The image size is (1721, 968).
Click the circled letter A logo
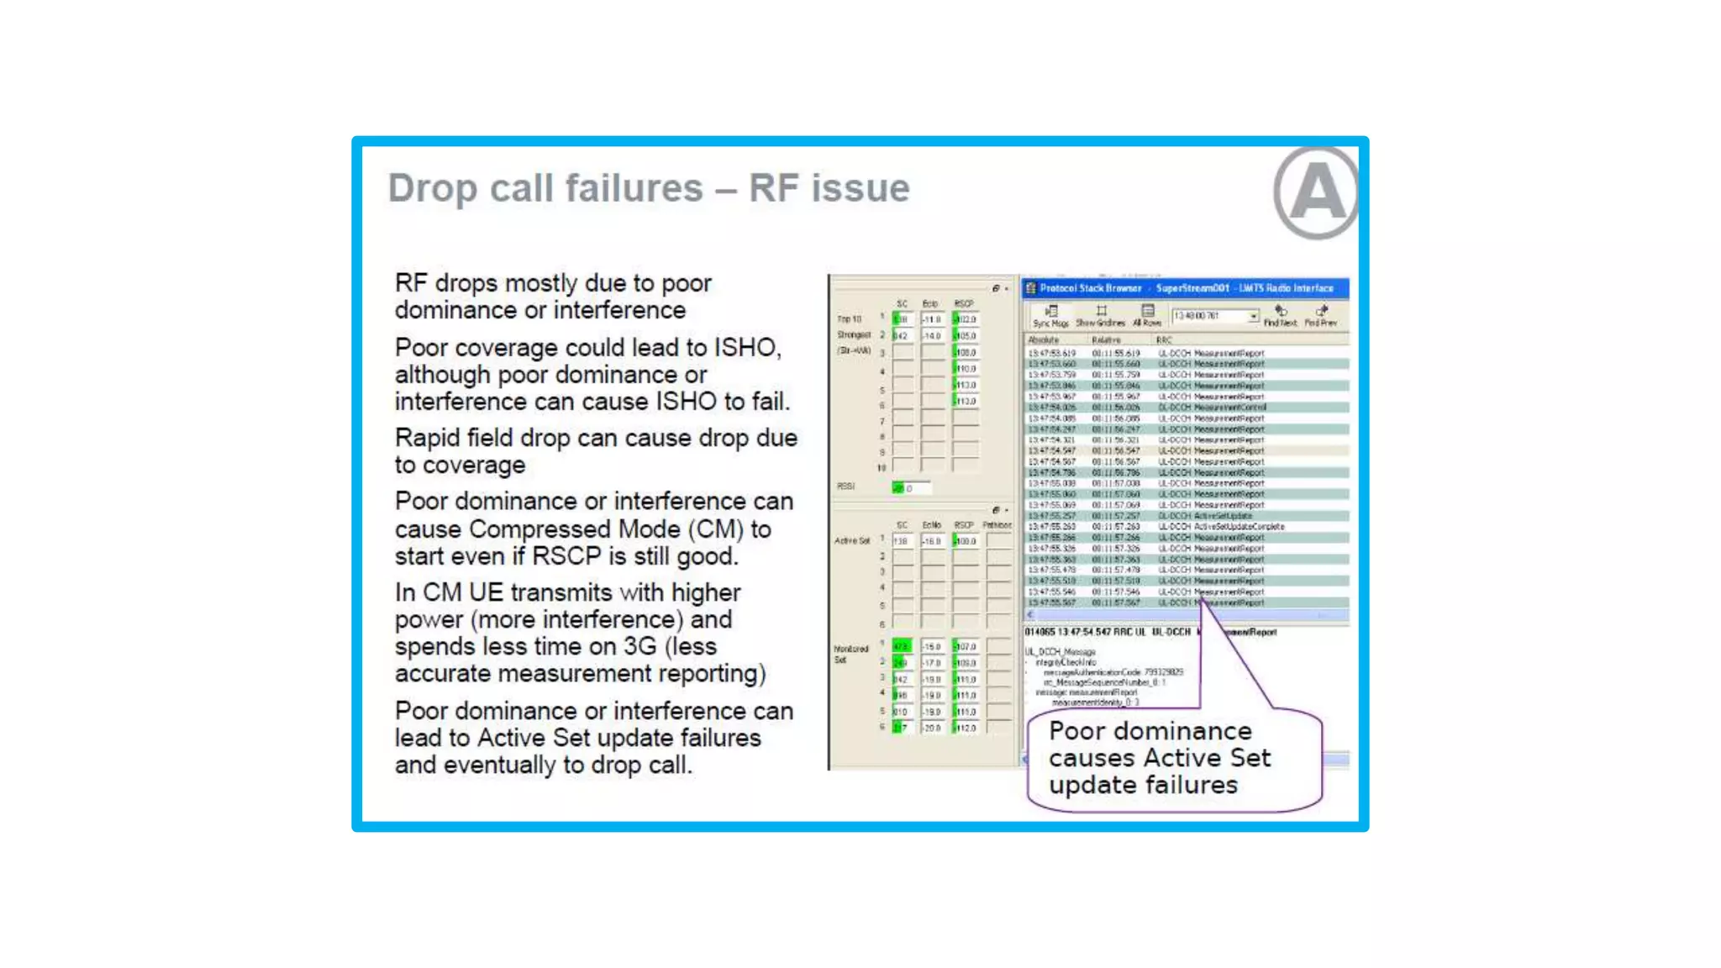(1316, 192)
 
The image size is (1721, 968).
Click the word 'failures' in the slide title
(634, 187)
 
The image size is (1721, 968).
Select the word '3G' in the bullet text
(645, 646)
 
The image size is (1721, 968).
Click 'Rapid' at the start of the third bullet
(427, 438)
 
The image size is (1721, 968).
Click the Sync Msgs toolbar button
(1050, 316)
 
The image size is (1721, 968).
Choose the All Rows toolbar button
(1147, 316)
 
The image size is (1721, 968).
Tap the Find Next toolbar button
(1280, 316)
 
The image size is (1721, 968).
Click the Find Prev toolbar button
(1321, 316)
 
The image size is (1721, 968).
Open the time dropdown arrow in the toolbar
(1254, 316)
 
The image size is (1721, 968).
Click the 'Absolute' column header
(1044, 340)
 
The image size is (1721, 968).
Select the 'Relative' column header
(1106, 340)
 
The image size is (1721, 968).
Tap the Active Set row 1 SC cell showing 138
(902, 541)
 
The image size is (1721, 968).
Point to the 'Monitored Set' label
(850, 654)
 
